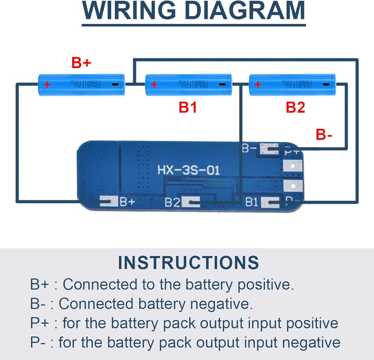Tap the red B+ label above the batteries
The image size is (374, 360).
pyautogui.click(x=81, y=63)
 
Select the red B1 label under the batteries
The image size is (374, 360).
pyautogui.click(x=188, y=108)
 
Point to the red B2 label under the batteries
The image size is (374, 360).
pyautogui.click(x=295, y=108)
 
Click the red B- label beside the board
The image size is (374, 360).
pyautogui.click(x=324, y=135)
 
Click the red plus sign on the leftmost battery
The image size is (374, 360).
pyautogui.click(x=47, y=85)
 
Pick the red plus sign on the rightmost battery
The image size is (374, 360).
pyautogui.click(x=257, y=85)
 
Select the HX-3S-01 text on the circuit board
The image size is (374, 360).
pyautogui.click(x=188, y=171)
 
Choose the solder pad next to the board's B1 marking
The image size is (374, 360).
pyautogui.click(x=270, y=203)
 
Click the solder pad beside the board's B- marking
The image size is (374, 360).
pyautogui.click(x=269, y=149)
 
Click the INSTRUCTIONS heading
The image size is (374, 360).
pyautogui.click(x=188, y=263)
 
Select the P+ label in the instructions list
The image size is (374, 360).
pyautogui.click(x=39, y=323)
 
